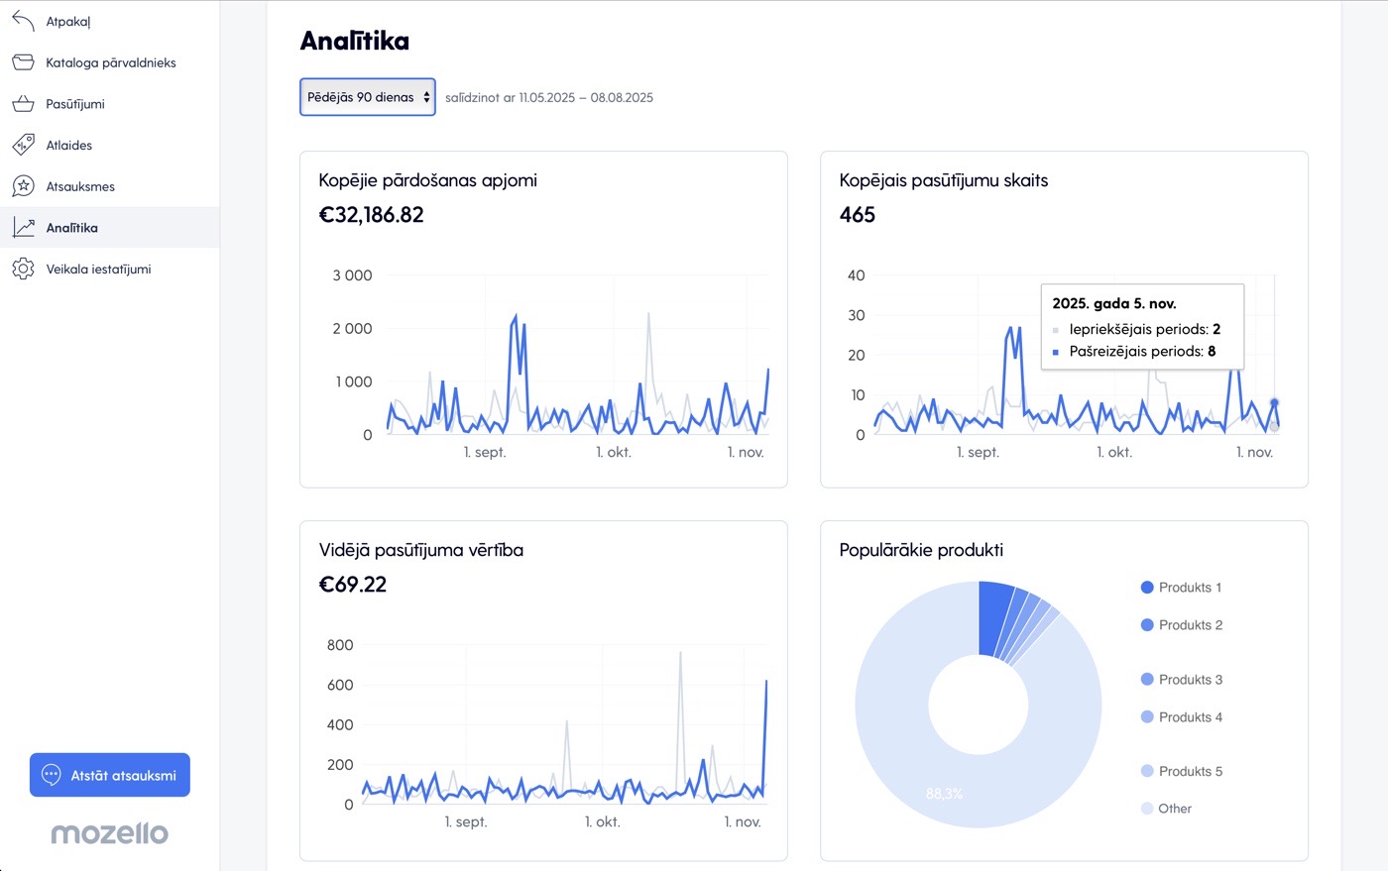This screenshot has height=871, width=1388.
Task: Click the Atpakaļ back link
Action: pyautogui.click(x=68, y=22)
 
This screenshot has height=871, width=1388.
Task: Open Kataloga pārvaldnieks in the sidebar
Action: pyautogui.click(x=111, y=62)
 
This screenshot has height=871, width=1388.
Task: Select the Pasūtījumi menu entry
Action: pyautogui.click(x=75, y=104)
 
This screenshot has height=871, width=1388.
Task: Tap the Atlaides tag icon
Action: pyautogui.click(x=23, y=145)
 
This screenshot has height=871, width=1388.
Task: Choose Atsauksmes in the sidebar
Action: pyautogui.click(x=80, y=186)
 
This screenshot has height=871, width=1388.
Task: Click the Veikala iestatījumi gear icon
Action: pyautogui.click(x=23, y=269)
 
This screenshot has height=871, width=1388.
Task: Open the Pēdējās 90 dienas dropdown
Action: pyautogui.click(x=368, y=97)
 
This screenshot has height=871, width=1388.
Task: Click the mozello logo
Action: pyautogui.click(x=110, y=833)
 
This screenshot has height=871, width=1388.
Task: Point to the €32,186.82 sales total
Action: pyautogui.click(x=371, y=215)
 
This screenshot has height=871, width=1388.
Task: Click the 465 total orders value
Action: pyautogui.click(x=857, y=215)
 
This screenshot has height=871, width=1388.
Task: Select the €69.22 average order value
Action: pyautogui.click(x=353, y=585)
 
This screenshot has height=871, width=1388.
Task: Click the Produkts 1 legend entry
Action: pyautogui.click(x=1181, y=588)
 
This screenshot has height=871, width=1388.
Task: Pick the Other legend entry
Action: pyautogui.click(x=1166, y=809)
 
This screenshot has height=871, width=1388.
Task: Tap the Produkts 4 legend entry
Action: pyautogui.click(x=1182, y=716)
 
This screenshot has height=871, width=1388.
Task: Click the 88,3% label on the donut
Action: pyautogui.click(x=944, y=794)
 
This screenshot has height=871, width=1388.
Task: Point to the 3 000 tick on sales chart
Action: pyautogui.click(x=353, y=275)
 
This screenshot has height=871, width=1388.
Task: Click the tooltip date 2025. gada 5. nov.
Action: pyautogui.click(x=1114, y=303)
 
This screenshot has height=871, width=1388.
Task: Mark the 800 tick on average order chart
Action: pyautogui.click(x=340, y=645)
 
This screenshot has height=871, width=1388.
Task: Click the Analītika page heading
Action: pyautogui.click(x=355, y=41)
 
